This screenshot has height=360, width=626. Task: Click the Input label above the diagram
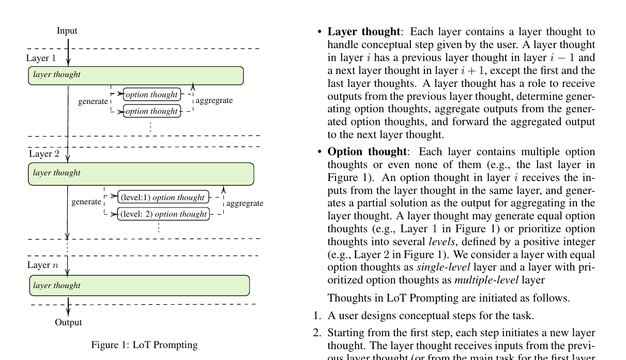click(67, 32)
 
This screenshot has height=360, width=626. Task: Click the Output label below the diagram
click(68, 323)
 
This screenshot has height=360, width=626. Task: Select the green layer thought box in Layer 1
click(135, 75)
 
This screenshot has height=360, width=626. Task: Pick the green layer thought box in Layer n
click(139, 286)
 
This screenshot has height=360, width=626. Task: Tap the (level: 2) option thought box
click(163, 214)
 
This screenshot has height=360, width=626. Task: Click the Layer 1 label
click(41, 57)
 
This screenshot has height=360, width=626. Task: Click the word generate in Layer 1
click(93, 102)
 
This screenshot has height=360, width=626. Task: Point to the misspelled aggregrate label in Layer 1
click(214, 100)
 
